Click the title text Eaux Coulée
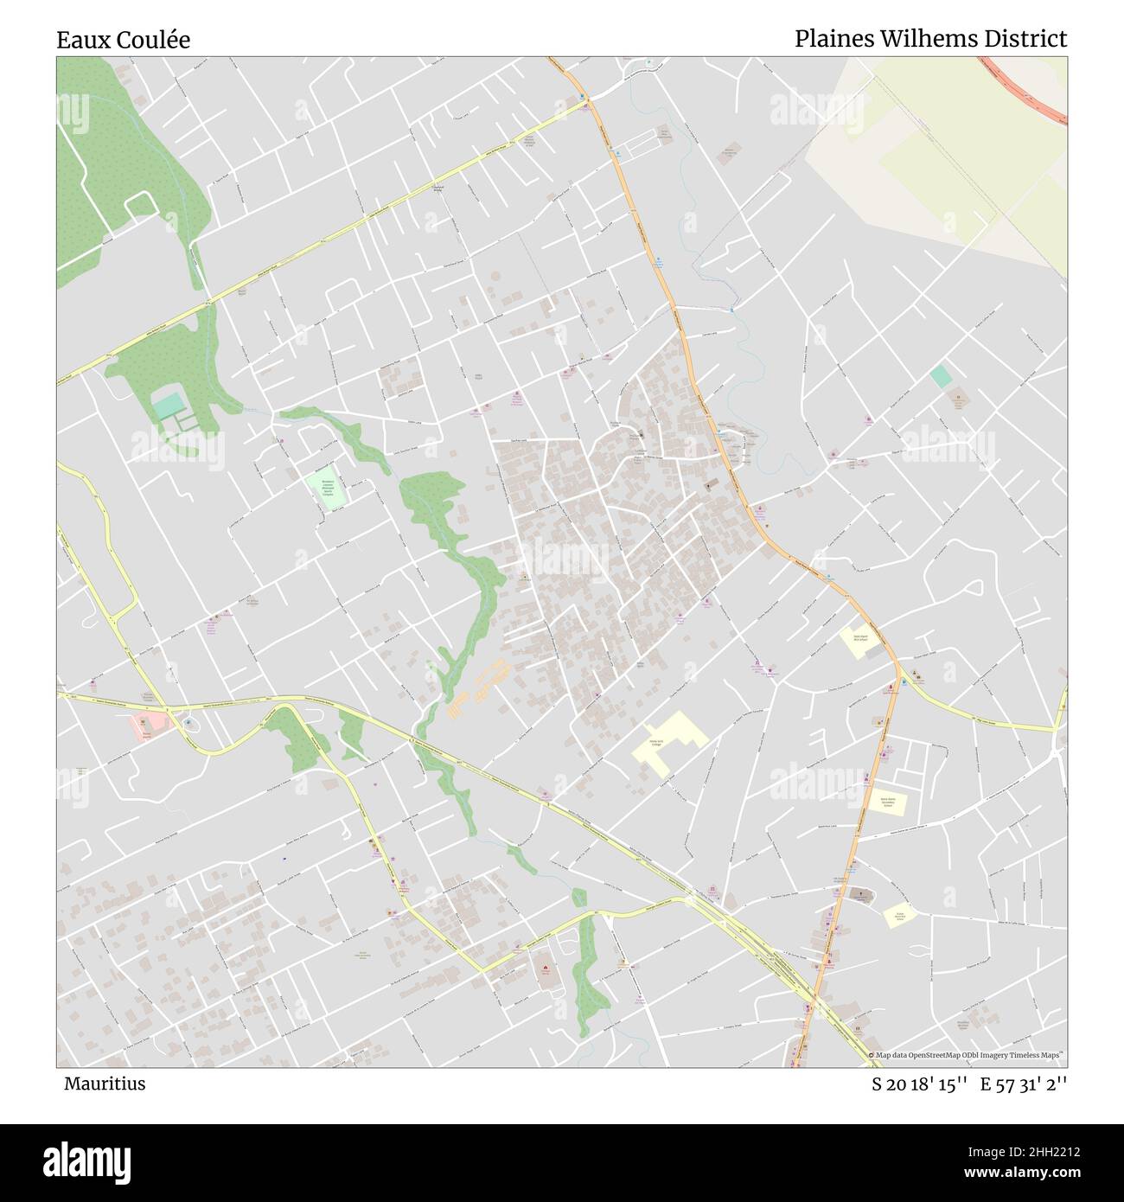[124, 40]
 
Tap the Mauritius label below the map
[105, 1084]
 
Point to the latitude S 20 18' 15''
[919, 1084]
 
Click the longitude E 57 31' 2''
[1025, 1084]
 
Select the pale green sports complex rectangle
[325, 490]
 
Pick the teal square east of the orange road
[941, 376]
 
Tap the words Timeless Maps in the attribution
[1040, 1055]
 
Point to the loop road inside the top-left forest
[138, 204]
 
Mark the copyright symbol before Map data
[872, 1055]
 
